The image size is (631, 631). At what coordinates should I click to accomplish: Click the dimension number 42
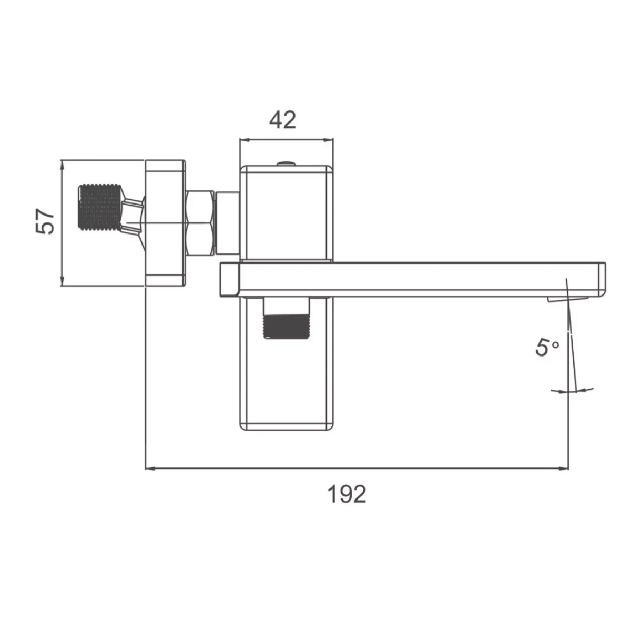pyautogui.click(x=282, y=120)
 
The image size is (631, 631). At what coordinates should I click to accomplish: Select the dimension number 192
pyautogui.click(x=347, y=494)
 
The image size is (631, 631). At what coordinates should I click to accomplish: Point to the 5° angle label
pyautogui.click(x=547, y=347)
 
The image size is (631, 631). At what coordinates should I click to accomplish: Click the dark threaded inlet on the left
pyautogui.click(x=99, y=207)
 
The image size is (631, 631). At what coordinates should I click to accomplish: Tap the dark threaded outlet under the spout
pyautogui.click(x=286, y=327)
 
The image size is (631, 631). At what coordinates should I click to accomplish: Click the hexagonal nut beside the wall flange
pyautogui.click(x=200, y=223)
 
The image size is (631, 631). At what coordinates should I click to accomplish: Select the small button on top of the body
pyautogui.click(x=286, y=164)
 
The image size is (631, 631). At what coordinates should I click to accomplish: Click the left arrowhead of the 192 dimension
pyautogui.click(x=150, y=469)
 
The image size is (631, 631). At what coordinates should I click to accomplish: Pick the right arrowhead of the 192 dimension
pyautogui.click(x=564, y=469)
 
